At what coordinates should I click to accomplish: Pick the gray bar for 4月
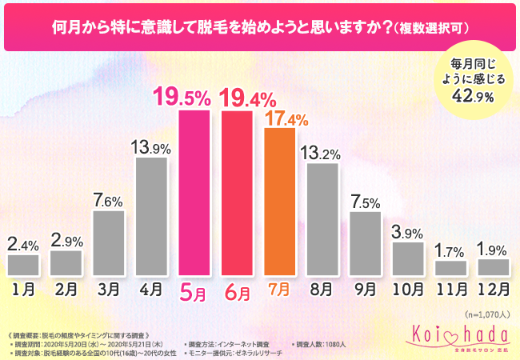click(x=151, y=215)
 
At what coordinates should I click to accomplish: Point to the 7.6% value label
click(x=109, y=200)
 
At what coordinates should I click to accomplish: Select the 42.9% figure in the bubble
click(x=472, y=95)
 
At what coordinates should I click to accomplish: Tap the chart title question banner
click(x=260, y=27)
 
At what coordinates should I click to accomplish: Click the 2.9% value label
click(x=66, y=239)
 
